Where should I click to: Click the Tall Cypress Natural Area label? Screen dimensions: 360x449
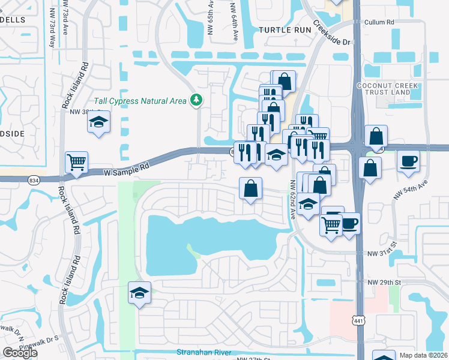click(140, 100)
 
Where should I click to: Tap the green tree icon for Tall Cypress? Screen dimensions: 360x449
click(195, 100)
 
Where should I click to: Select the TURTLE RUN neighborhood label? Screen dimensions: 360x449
click(282, 29)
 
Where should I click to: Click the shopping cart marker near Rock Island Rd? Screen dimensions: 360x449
click(76, 161)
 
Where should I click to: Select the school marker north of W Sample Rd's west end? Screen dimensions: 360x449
click(98, 122)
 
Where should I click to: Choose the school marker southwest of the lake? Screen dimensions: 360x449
click(139, 293)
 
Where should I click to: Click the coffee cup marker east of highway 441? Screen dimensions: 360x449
click(409, 161)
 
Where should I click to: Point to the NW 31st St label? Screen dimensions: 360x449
click(383, 254)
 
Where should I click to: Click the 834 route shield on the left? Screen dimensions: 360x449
click(34, 179)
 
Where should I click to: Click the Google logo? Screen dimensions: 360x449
click(20, 353)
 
